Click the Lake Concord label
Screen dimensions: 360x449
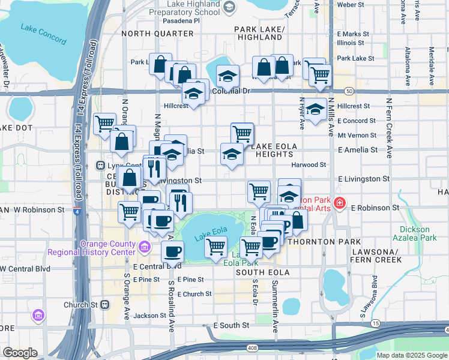pyautogui.click(x=43, y=34)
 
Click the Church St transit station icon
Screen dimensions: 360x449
pyautogui.click(x=106, y=304)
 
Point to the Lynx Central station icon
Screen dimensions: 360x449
pyautogui.click(x=101, y=166)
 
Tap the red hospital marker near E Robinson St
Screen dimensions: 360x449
pyautogui.click(x=340, y=203)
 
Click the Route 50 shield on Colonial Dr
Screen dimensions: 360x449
pyautogui.click(x=349, y=91)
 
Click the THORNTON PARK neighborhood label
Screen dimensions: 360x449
pyautogui.click(x=319, y=241)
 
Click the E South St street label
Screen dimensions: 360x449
pyautogui.click(x=231, y=325)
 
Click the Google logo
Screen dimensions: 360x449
pyautogui.click(x=20, y=352)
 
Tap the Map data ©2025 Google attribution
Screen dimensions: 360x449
pyautogui.click(x=411, y=355)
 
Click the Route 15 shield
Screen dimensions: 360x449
pyautogui.click(x=376, y=324)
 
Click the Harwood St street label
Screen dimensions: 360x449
pyautogui.click(x=309, y=164)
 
